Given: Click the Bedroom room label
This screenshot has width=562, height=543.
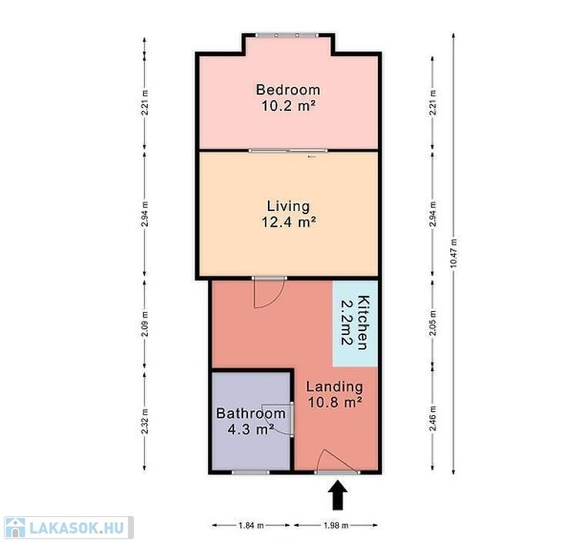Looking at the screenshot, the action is pyautogui.click(x=288, y=89).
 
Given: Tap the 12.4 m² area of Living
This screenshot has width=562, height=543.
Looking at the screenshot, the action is pyautogui.click(x=289, y=222).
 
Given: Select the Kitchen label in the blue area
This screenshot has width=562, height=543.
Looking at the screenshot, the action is pyautogui.click(x=363, y=323).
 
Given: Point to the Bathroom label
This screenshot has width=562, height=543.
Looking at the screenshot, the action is pyautogui.click(x=251, y=413).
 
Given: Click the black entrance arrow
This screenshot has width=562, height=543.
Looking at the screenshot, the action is pyautogui.click(x=338, y=495).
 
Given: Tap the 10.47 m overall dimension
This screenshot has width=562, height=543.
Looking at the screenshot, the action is pyautogui.click(x=453, y=253).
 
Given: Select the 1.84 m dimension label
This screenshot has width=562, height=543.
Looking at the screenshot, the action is pyautogui.click(x=251, y=525).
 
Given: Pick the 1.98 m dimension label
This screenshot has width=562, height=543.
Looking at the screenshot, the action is pyautogui.click(x=336, y=525).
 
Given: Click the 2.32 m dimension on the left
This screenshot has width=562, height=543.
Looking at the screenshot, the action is pyautogui.click(x=145, y=421).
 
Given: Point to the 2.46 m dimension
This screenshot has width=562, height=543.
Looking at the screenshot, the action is pyautogui.click(x=433, y=417).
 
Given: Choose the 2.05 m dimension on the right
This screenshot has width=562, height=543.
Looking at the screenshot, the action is pyautogui.click(x=433, y=323).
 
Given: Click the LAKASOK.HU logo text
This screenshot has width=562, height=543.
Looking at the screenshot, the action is pyautogui.click(x=76, y=528).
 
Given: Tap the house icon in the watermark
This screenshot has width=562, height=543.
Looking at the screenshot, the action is pyautogui.click(x=15, y=528).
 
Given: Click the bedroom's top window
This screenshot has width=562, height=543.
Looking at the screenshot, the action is pyautogui.click(x=286, y=35).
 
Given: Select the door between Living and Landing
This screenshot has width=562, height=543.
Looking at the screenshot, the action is pyautogui.click(x=269, y=293).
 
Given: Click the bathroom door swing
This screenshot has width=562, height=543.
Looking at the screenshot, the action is pyautogui.click(x=279, y=419).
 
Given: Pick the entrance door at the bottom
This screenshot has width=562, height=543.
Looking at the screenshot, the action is pyautogui.click(x=337, y=462).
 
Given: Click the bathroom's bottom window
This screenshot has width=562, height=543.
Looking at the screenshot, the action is pyautogui.click(x=250, y=472).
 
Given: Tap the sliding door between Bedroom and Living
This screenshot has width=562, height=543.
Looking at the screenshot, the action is pyautogui.click(x=288, y=151).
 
